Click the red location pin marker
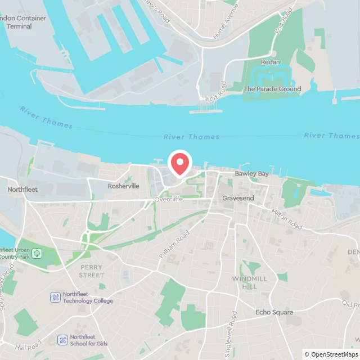coord(180,163)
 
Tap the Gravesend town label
coord(238,199)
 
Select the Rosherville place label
coord(123,186)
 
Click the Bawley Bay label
coord(251,174)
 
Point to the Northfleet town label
coord(22,190)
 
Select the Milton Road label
coord(287,219)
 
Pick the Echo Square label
coord(274,312)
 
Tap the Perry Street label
coord(92,271)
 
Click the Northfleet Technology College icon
coord(56,297)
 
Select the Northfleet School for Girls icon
coord(62,340)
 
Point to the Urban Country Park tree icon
coord(37,254)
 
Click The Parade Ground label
coord(272,89)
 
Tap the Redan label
coord(270,62)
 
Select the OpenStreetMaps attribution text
coord(331,354)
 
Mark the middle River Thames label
coord(191,137)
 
